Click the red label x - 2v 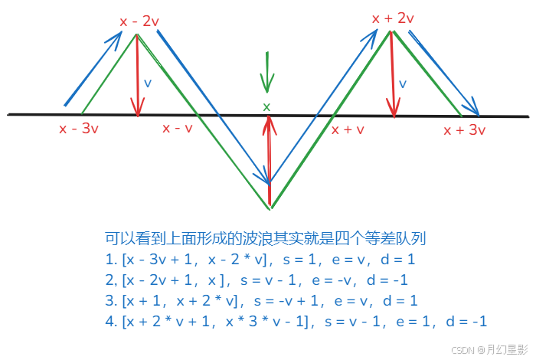(x=138, y=21)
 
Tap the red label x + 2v (x=393, y=18)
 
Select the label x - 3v (x=78, y=129)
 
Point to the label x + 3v (x=465, y=129)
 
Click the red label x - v (x=177, y=128)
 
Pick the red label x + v (x=347, y=129)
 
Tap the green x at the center (x=266, y=106)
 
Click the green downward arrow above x (x=266, y=73)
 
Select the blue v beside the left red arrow (x=148, y=82)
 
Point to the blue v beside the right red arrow (x=402, y=83)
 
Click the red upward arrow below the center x (x=268, y=153)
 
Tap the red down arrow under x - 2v (x=138, y=77)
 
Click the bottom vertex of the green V (x=270, y=208)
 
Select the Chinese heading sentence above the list (x=266, y=238)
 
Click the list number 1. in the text (x=112, y=259)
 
